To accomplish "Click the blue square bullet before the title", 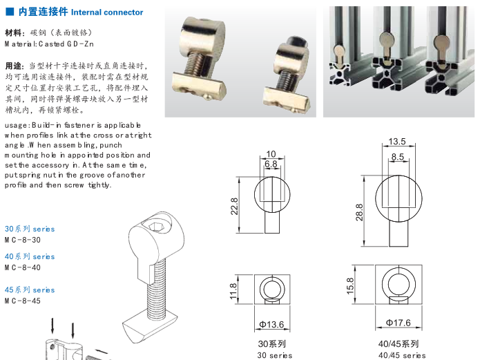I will point(9,12).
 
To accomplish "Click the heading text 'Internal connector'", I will point(106,12).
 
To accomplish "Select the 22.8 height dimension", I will point(234,205).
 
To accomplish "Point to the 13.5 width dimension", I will point(397,142).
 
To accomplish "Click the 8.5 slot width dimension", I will point(397,157).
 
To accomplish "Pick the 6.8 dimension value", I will point(271,164).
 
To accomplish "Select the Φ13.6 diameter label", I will point(271,325).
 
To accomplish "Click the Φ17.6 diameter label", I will point(398,323).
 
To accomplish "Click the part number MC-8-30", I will point(23,239).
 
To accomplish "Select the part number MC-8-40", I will point(23,267).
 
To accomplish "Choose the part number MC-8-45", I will point(23,301).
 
